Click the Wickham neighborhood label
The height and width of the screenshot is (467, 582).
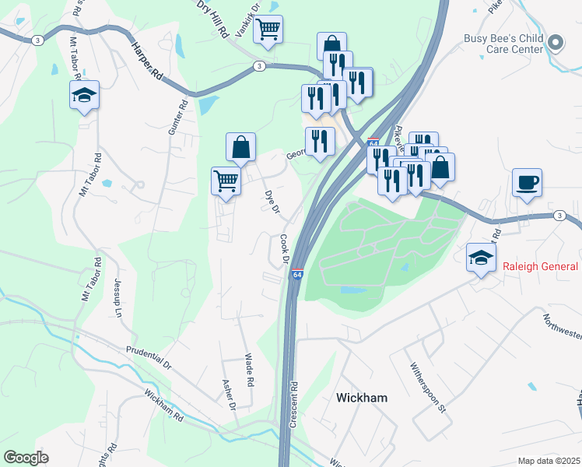click(x=361, y=398)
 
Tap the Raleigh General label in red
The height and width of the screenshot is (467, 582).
click(x=539, y=266)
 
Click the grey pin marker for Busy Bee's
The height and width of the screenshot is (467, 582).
click(x=556, y=43)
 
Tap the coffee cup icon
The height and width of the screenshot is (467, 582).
click(x=527, y=183)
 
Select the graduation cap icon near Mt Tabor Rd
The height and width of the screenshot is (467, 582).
click(x=84, y=96)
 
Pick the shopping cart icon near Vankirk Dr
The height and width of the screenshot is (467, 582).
click(x=268, y=30)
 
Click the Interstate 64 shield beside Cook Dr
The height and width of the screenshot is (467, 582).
click(x=296, y=274)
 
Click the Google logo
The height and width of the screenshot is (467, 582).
click(x=26, y=458)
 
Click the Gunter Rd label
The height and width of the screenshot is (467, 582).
click(x=177, y=117)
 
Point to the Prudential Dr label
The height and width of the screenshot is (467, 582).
click(x=146, y=357)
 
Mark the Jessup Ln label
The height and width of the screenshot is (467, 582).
click(x=119, y=298)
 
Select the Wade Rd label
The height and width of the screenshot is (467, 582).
click(x=250, y=371)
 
